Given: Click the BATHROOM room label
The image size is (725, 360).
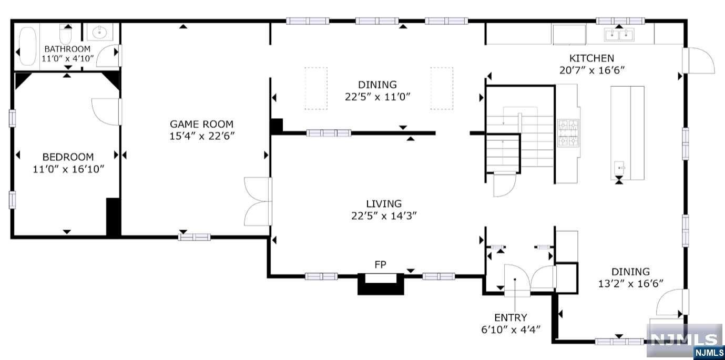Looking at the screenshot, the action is pyautogui.click(x=67, y=49).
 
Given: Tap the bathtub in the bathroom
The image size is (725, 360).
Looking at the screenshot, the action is pyautogui.click(x=27, y=46).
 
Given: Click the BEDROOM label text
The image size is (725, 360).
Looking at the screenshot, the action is pyautogui.click(x=68, y=157).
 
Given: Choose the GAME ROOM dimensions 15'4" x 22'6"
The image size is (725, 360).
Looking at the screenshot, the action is pyautogui.click(x=202, y=136).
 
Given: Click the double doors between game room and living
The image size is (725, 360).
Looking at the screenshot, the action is pyautogui.click(x=258, y=201).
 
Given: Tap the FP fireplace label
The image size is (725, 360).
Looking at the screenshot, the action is pyautogui.click(x=380, y=264).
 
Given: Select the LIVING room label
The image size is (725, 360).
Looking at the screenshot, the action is pyautogui.click(x=384, y=203).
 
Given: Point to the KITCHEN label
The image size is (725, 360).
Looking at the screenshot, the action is pyautogui.click(x=591, y=58).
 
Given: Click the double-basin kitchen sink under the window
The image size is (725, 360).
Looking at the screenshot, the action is pyautogui.click(x=619, y=35).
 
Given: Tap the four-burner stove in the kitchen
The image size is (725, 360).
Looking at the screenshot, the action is pyautogui.click(x=568, y=133).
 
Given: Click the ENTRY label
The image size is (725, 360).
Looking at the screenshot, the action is pyautogui.click(x=510, y=317).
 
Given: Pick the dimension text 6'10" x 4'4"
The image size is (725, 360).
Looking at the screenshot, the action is pyautogui.click(x=510, y=330).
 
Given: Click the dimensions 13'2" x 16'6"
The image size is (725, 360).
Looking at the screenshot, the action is pyautogui.click(x=630, y=284).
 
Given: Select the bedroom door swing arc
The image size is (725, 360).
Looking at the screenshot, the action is pyautogui.click(x=105, y=112).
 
